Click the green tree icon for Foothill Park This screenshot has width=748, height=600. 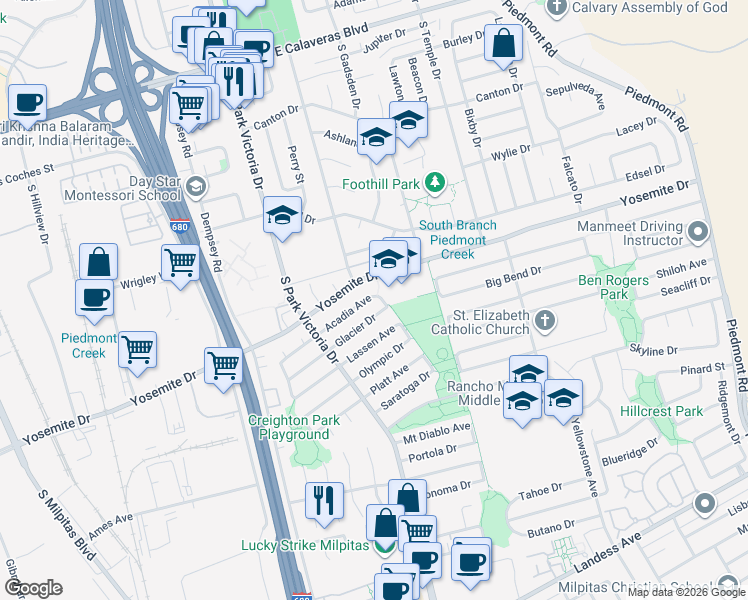(435, 183)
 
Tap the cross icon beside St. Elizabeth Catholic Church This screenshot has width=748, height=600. (544, 320)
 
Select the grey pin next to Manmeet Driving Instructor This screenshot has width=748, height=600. (699, 232)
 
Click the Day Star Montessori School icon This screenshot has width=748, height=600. (197, 185)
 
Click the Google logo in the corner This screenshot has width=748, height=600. (34, 587)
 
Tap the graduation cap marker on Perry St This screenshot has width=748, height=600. (283, 214)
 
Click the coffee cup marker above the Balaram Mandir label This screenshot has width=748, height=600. (28, 101)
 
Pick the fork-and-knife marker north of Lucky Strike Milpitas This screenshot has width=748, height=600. (324, 499)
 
